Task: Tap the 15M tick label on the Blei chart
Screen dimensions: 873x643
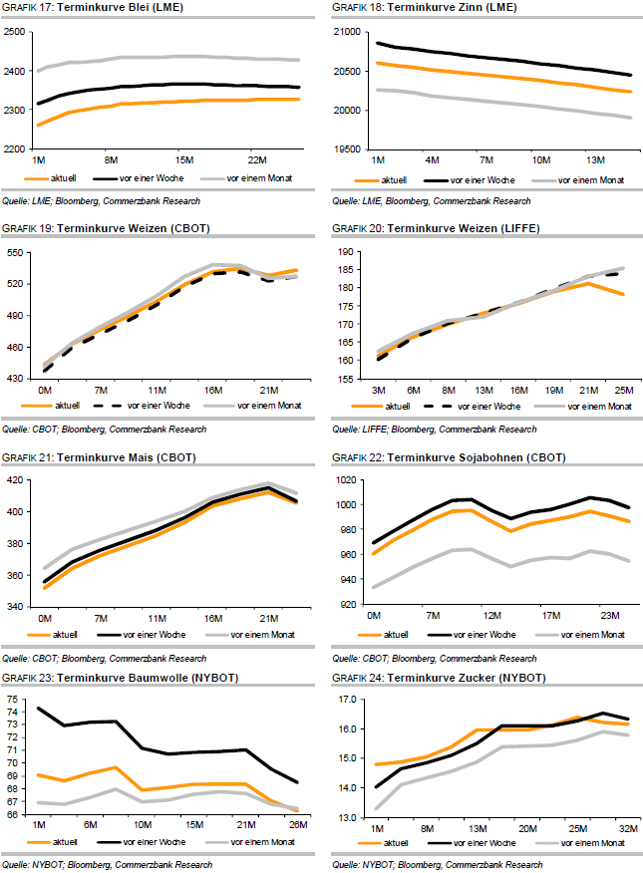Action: click(x=184, y=159)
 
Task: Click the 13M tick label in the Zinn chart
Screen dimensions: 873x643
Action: click(x=594, y=159)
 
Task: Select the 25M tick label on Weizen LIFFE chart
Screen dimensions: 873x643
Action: click(x=624, y=389)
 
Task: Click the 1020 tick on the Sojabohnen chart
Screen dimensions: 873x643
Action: click(x=345, y=480)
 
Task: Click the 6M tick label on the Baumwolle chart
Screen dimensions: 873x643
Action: click(x=89, y=824)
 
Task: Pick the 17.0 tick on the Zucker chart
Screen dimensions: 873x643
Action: click(x=345, y=701)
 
